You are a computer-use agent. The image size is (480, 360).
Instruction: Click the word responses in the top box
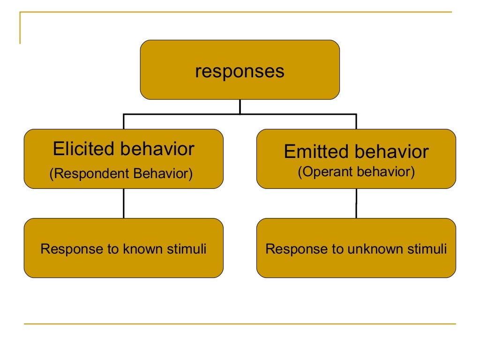pyautogui.click(x=240, y=72)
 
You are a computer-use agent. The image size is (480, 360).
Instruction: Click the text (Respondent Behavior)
pyautogui.click(x=121, y=174)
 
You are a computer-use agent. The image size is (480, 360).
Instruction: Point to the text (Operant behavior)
pyautogui.click(x=356, y=172)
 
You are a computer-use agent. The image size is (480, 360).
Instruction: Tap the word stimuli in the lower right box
pyautogui.click(x=427, y=249)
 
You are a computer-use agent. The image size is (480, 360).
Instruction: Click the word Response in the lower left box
pyautogui.click(x=67, y=249)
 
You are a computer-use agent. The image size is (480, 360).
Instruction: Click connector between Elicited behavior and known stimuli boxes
pyautogui.click(x=124, y=203)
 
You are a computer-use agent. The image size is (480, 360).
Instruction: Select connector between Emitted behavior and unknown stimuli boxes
pyautogui.click(x=356, y=203)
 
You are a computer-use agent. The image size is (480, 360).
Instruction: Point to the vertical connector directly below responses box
pyautogui.click(x=240, y=106)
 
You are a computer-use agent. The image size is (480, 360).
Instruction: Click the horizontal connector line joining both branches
pyautogui.click(x=187, y=114)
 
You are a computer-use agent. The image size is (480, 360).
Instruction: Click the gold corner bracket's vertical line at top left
pyautogui.click(x=20, y=28)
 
